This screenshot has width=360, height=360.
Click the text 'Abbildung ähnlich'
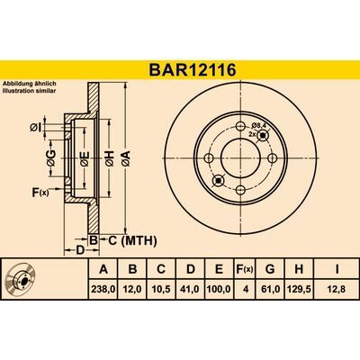[31, 84]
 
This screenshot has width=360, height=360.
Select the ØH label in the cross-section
[109, 161]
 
